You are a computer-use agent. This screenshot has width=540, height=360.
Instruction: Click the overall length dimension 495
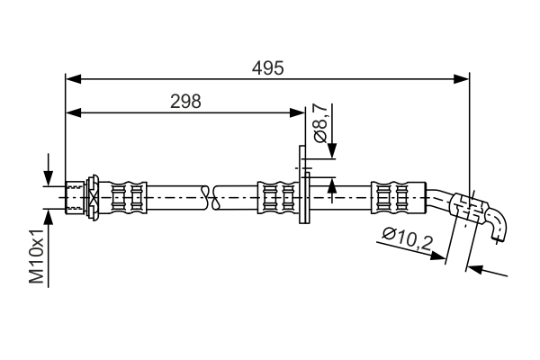(267, 67)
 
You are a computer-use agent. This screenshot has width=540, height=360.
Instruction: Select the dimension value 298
(185, 102)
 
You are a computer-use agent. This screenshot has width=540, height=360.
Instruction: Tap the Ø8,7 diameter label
(321, 123)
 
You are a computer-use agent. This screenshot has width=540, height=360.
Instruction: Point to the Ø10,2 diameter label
(406, 240)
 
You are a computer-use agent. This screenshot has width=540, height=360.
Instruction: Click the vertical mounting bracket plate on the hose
(304, 184)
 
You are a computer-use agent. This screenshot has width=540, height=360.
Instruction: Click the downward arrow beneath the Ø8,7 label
(332, 153)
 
